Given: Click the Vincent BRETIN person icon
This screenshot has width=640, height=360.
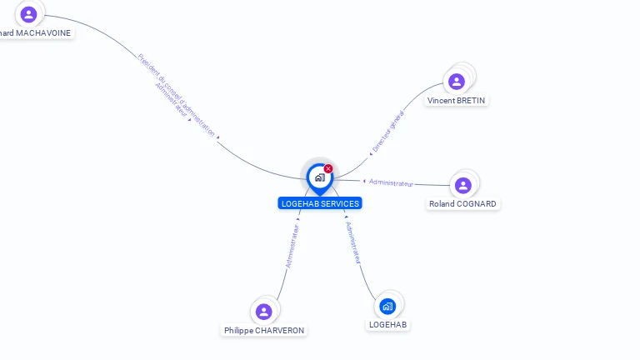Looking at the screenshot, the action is point(456,82).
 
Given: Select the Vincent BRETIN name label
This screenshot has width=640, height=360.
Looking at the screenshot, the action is point(456,101).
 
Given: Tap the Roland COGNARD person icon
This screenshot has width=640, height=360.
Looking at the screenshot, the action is point(463,185).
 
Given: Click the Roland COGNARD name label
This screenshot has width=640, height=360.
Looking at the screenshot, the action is point(462,204).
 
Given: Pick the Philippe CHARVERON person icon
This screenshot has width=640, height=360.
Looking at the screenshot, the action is point(264,312).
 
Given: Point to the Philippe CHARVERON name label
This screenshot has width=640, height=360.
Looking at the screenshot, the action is point(264,331).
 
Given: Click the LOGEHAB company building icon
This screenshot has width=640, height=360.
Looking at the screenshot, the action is point(387,306).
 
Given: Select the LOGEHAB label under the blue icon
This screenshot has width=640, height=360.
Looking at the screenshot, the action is point(388,325).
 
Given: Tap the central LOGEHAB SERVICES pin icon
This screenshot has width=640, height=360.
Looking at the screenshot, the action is point(319,177).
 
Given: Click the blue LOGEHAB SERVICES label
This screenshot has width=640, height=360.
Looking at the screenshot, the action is point(320,203).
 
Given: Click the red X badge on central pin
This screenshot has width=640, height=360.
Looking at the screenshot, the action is point(328,169).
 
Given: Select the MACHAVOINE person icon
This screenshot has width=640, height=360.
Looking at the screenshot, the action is point(28,14).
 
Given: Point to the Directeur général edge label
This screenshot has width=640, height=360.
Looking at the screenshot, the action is point(387,131).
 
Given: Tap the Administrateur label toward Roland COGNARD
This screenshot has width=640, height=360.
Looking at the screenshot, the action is point(391,182).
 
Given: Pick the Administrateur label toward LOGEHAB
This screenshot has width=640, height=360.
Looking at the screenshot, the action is point(353,242).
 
